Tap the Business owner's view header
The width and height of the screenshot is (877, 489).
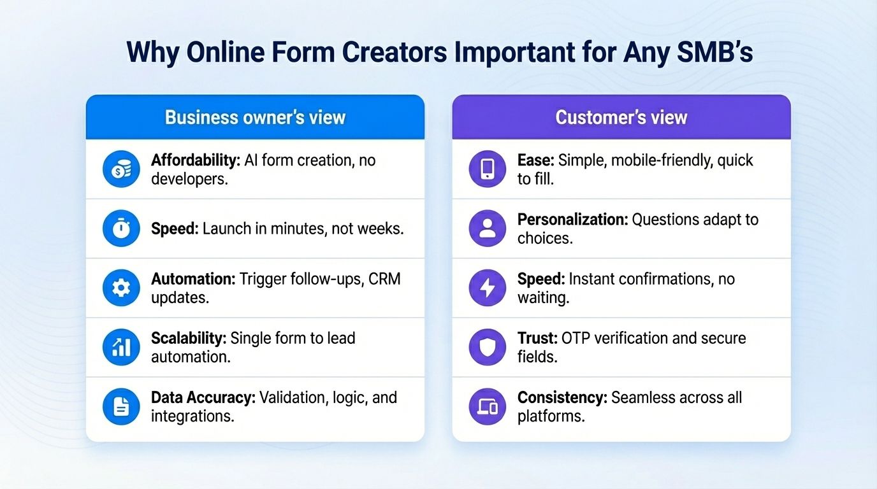point(255,117)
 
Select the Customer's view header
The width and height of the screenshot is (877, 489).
point(621,117)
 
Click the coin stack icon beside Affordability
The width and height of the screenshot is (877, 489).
point(121,169)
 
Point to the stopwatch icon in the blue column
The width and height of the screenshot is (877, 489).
point(121,229)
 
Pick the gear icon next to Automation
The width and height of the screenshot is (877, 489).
point(121,288)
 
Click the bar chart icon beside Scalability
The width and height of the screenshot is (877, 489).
point(121,347)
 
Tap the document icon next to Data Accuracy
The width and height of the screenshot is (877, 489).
point(121,406)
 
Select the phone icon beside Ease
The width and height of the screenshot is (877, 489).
point(488,169)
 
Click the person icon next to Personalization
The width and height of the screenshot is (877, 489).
point(488,229)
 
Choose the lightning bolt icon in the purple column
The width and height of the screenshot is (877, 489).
point(488,288)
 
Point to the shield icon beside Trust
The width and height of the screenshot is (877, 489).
point(488,347)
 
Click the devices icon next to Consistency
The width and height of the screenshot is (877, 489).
point(488,406)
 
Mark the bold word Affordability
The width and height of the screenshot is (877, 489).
point(196,160)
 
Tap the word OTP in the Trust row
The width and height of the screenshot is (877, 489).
point(576,338)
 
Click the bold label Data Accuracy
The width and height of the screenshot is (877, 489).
point(203,397)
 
